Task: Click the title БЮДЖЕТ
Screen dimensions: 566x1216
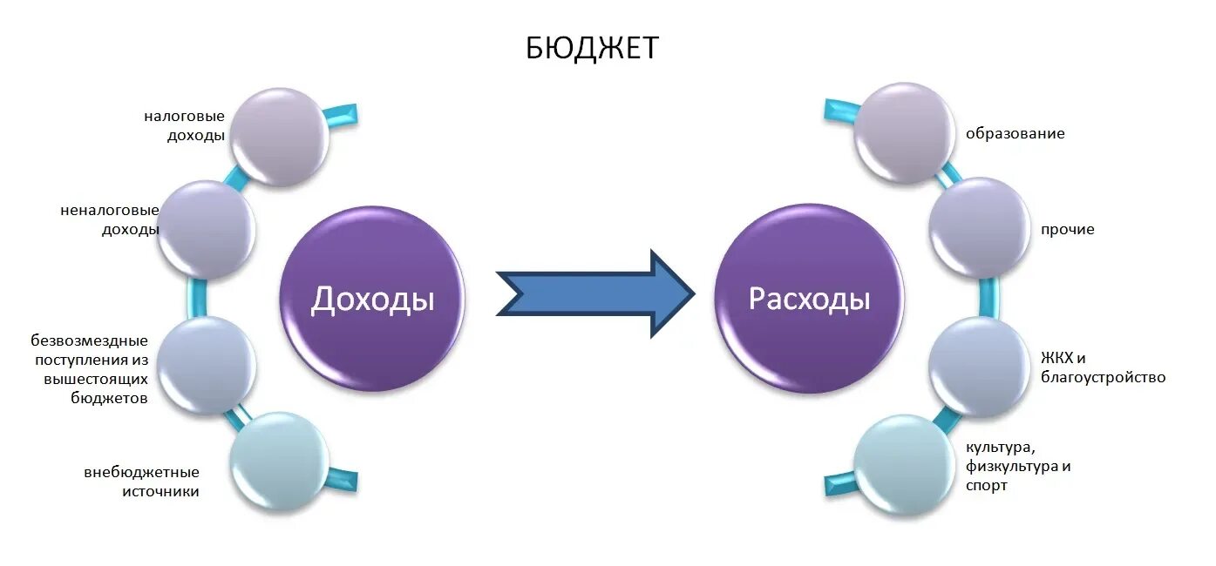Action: coord(592,48)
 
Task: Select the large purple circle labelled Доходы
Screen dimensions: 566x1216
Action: coord(372,300)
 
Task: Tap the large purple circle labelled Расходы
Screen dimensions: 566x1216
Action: coord(809,300)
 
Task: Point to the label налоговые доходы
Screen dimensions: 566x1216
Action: coord(185,126)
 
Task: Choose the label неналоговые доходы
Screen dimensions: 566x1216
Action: coord(110,220)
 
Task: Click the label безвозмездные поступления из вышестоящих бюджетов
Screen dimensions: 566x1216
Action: coord(90,369)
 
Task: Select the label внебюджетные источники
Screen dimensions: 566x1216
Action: coord(142,482)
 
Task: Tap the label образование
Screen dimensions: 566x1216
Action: coord(1016,134)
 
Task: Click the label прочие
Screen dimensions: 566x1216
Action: coord(1067,230)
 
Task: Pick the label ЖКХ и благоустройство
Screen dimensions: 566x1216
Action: coord(1103,368)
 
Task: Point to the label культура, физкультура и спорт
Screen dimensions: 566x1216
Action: coord(1018,466)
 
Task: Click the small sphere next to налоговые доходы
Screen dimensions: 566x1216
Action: coord(281,137)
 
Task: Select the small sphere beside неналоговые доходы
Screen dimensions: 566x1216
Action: coord(207,230)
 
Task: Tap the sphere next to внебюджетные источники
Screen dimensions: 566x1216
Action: coord(280,461)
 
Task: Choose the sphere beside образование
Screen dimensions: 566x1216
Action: coord(903,132)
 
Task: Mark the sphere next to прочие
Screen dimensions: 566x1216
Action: coord(979,227)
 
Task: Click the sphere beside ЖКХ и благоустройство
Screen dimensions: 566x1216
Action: coord(979,367)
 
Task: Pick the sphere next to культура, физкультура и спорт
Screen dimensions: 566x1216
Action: coord(902,463)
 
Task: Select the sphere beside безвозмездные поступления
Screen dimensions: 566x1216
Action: coord(207,366)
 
